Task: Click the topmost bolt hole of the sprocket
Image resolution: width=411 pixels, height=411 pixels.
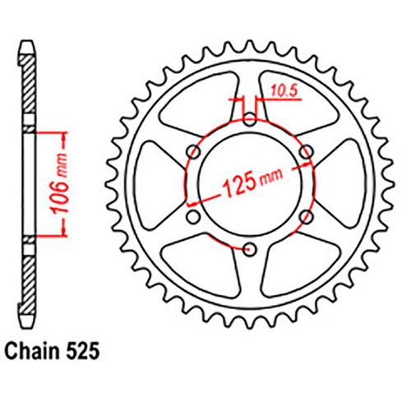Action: click(248, 118)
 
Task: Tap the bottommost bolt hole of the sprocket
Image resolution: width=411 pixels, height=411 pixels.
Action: click(248, 247)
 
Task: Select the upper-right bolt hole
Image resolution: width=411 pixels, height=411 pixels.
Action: click(304, 151)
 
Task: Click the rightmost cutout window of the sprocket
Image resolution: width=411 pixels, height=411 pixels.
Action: click(337, 182)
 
